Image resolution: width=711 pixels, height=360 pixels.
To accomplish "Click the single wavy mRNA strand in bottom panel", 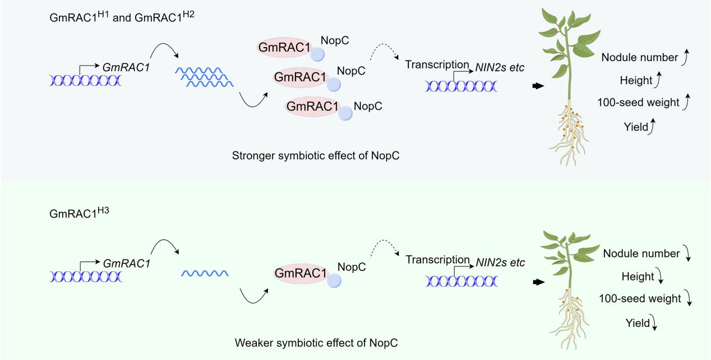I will [204, 273].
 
